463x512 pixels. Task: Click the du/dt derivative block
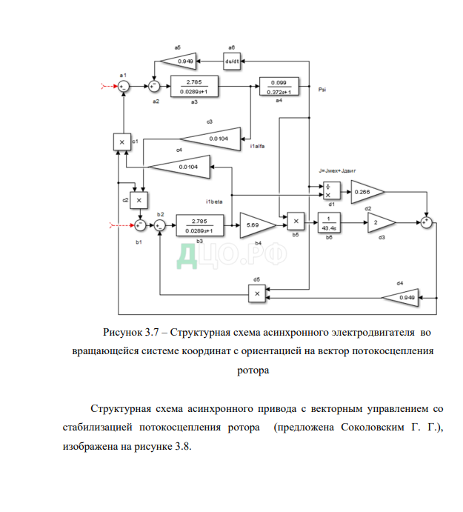coord(232,61)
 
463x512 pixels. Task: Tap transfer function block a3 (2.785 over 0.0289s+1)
coord(193,87)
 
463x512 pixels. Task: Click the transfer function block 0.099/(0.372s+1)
coord(279,87)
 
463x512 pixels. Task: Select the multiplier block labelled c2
coord(139,199)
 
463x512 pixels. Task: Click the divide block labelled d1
coord(330,192)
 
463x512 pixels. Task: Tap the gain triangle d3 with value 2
coord(379,222)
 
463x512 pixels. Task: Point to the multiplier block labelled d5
coord(256,294)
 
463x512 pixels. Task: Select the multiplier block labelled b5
coord(295,220)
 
